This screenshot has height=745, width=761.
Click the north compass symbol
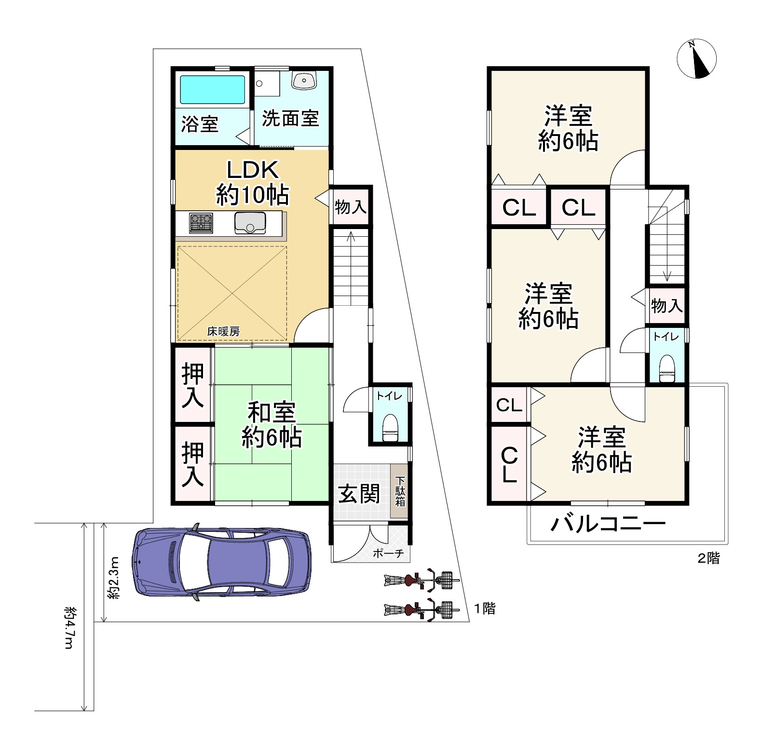(696, 59)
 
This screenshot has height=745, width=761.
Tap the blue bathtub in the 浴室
(213, 90)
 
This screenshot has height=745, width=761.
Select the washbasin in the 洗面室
(303, 80)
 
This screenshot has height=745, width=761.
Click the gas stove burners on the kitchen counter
(201, 223)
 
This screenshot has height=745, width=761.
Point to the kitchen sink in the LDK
(249, 223)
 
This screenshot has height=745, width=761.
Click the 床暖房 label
(223, 331)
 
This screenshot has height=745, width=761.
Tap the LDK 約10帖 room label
(252, 183)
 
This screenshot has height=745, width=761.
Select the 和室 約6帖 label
(272, 425)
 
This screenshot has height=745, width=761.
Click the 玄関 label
(359, 494)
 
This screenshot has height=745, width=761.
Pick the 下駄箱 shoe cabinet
(400, 491)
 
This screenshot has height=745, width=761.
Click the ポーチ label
(388, 553)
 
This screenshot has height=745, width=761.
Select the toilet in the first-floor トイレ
(389, 427)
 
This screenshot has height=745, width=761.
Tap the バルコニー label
(608, 523)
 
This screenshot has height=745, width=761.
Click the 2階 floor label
(709, 558)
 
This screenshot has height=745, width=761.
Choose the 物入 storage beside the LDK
(351, 207)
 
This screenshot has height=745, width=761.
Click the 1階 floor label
(484, 609)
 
